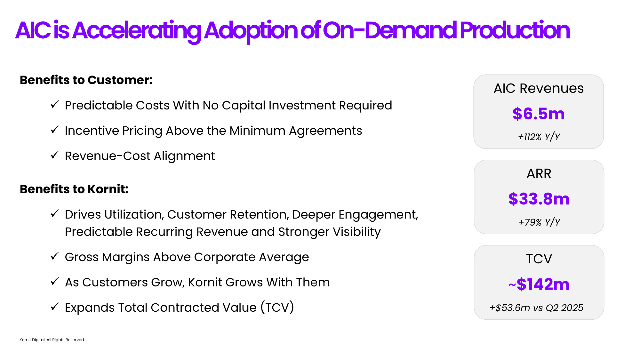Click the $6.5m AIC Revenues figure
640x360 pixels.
[x=539, y=114]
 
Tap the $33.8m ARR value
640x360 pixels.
[x=539, y=199]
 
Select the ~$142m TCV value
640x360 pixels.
[x=539, y=284]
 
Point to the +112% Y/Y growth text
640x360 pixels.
[x=539, y=137]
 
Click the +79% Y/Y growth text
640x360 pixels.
[x=539, y=222]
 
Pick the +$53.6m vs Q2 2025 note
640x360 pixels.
[x=537, y=308]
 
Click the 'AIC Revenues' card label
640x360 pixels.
[x=539, y=88]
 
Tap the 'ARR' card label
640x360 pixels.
[x=539, y=173]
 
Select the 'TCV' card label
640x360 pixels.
[x=539, y=259]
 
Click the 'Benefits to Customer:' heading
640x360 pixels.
[x=86, y=80]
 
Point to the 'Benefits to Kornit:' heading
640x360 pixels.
[x=74, y=189]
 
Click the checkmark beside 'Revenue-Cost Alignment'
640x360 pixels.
[x=55, y=155]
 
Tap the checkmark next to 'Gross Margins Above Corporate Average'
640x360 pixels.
[x=55, y=256]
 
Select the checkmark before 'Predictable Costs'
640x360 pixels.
[x=55, y=104]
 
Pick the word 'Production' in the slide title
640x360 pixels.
[x=515, y=30]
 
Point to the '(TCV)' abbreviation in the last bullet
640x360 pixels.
[x=277, y=308]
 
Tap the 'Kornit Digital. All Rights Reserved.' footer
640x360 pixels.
[x=52, y=340]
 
